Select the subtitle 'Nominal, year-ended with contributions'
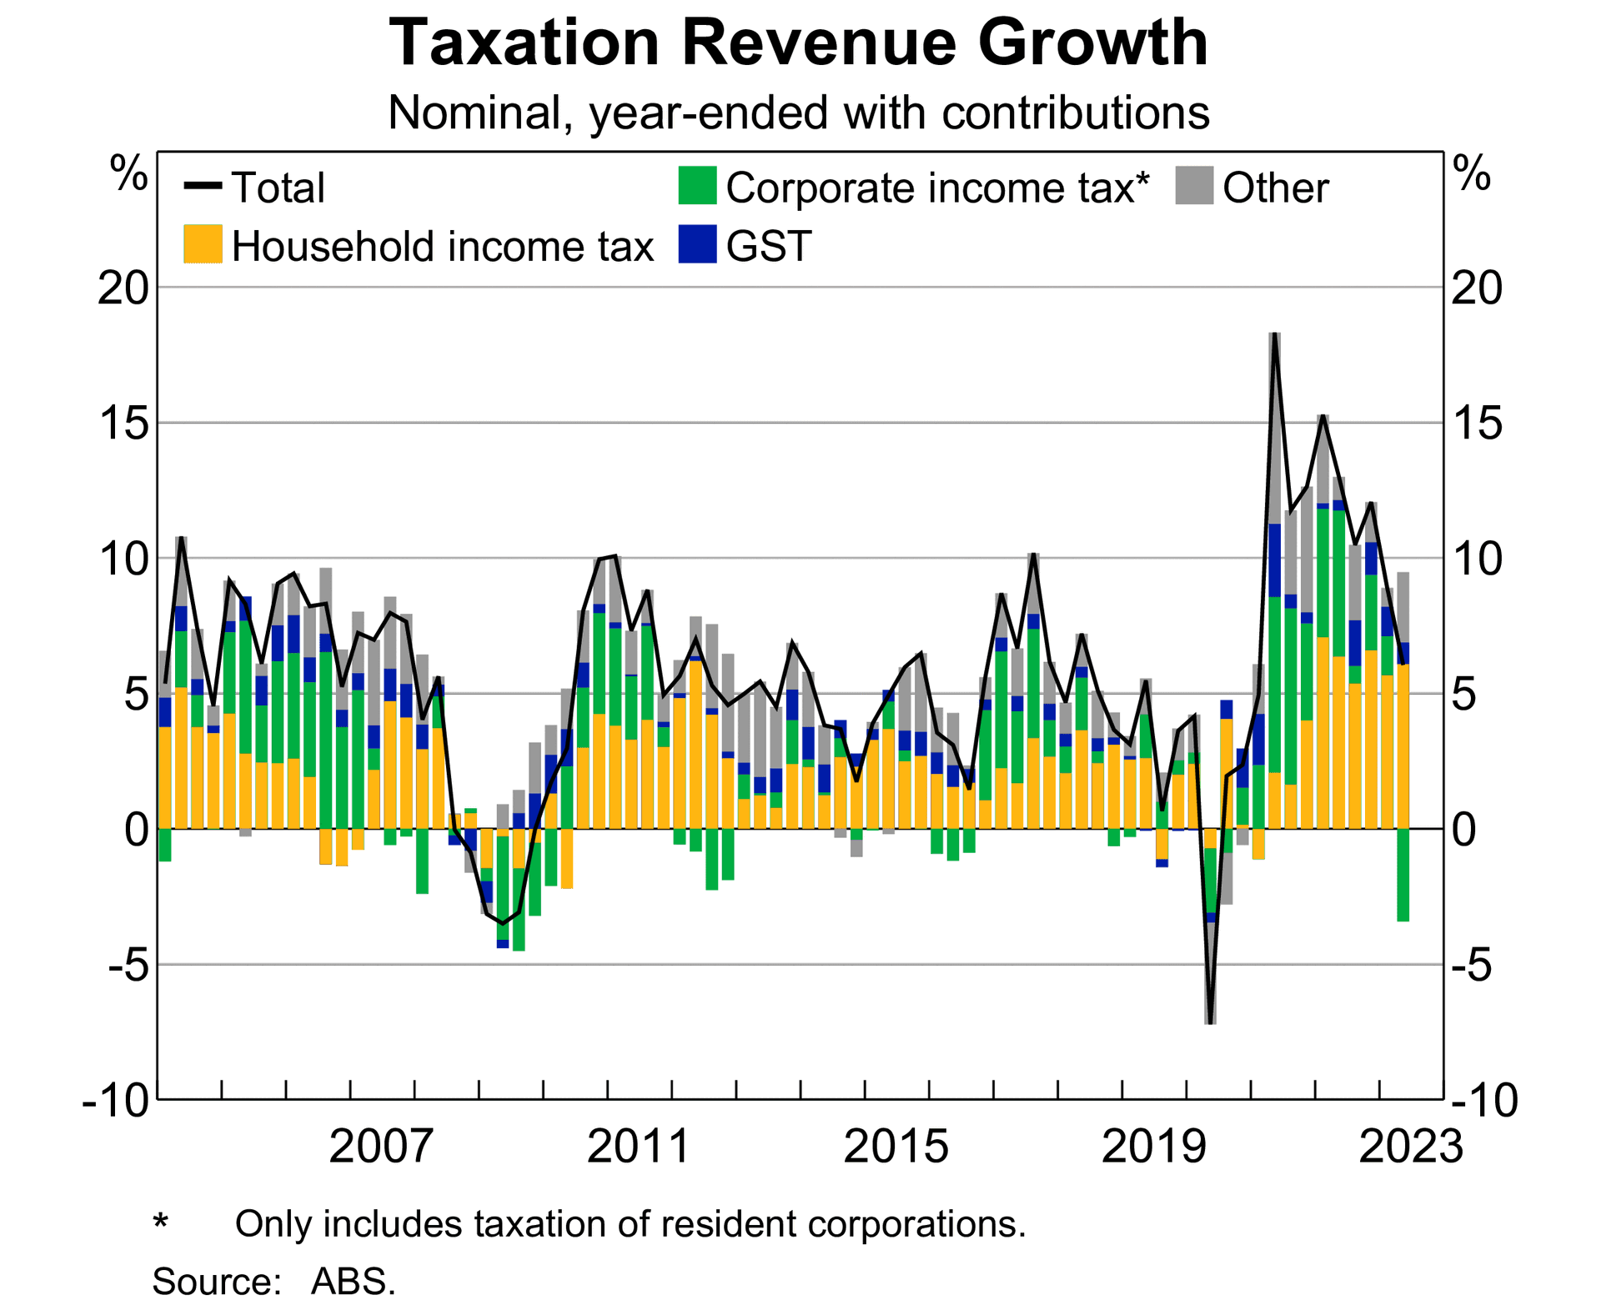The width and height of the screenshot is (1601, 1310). [798, 113]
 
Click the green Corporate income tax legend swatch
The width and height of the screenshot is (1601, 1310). [697, 186]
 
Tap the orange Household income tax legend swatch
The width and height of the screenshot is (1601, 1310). [203, 245]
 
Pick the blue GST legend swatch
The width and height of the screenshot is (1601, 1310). [697, 245]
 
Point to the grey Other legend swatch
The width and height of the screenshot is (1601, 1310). [1194, 186]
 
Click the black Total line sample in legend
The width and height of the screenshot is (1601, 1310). [203, 186]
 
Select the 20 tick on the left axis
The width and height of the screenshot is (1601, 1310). [123, 289]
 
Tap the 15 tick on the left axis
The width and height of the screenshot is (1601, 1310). [123, 424]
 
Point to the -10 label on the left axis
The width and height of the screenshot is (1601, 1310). [118, 1101]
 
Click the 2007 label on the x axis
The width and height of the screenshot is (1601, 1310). [381, 1147]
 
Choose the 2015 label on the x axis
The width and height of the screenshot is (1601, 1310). [896, 1147]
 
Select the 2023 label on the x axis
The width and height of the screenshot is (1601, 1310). [1411, 1147]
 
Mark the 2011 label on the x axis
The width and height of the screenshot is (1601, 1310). [639, 1147]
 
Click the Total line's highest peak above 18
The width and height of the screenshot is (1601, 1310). [1275, 334]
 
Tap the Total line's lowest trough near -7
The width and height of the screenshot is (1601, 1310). [1211, 1022]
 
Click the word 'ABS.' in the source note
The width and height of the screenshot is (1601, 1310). [354, 1282]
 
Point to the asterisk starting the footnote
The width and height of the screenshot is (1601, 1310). [161, 1223]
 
